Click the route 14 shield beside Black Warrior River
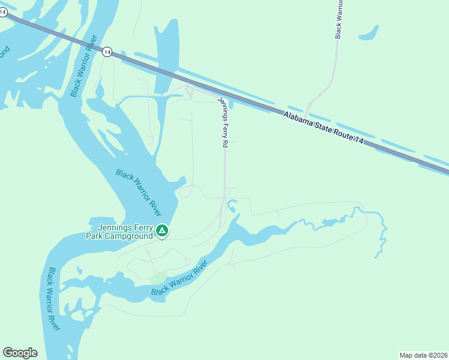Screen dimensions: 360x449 (107, 52)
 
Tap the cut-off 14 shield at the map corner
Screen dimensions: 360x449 (3, 12)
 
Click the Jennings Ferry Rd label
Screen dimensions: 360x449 (223, 122)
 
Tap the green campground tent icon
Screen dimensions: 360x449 (161, 230)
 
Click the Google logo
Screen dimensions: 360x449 (20, 353)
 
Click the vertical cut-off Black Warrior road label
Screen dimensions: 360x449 (339, 20)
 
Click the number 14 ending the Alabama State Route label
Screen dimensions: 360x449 (359, 139)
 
